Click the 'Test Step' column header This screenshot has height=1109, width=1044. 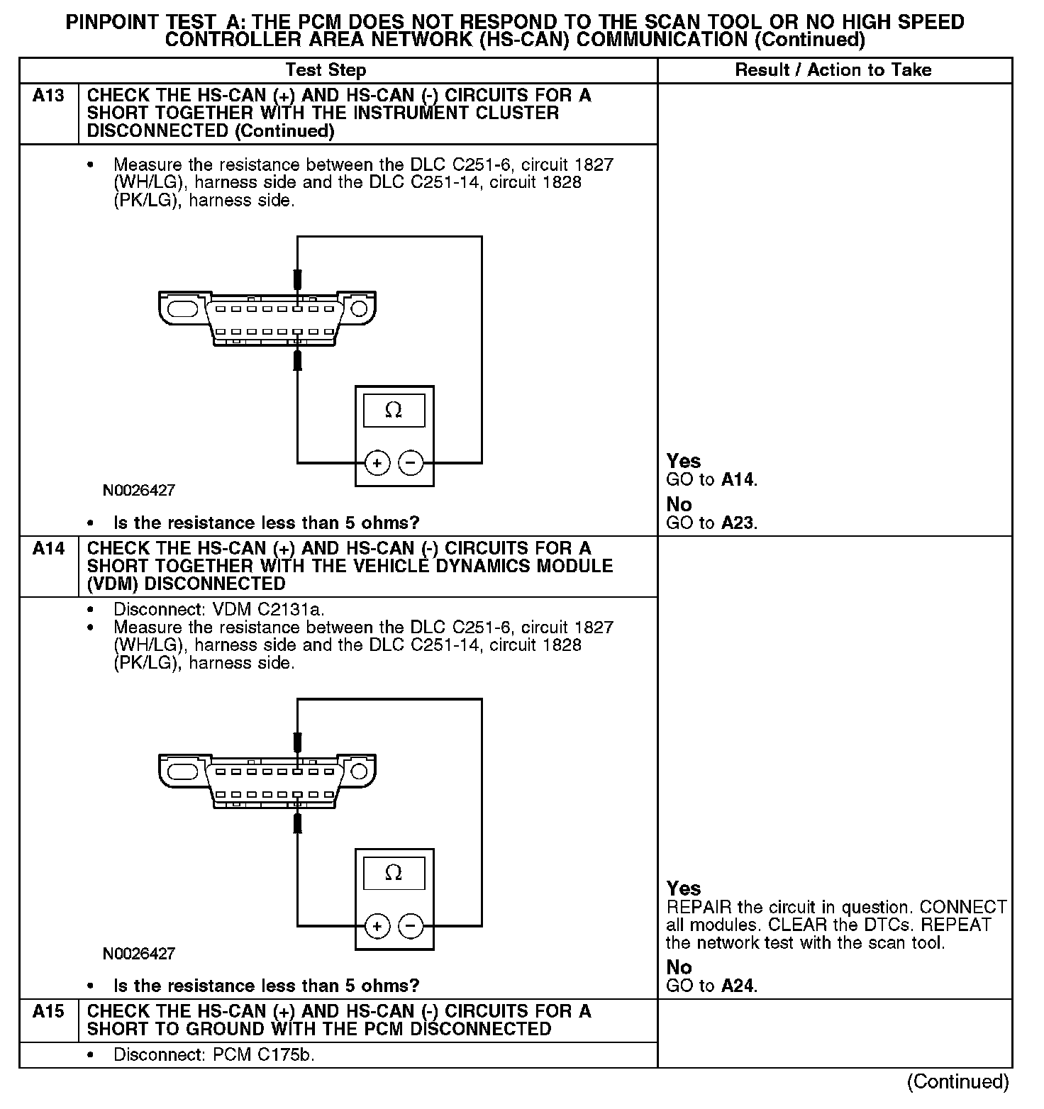pyautogui.click(x=326, y=70)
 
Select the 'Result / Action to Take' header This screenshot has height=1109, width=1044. pyautogui.click(x=833, y=70)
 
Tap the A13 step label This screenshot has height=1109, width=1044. pyautogui.click(x=48, y=96)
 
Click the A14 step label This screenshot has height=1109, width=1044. pyautogui.click(x=48, y=549)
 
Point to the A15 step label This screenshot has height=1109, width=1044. pyautogui.click(x=48, y=1012)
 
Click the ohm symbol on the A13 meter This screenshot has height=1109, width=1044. pyautogui.click(x=394, y=411)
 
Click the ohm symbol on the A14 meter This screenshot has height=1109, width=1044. pyautogui.click(x=394, y=873)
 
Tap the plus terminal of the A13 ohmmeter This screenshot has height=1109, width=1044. pyautogui.click(x=377, y=464)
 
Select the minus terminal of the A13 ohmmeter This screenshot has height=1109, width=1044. pyautogui.click(x=411, y=464)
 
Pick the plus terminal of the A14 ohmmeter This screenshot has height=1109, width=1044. pyautogui.click(x=377, y=926)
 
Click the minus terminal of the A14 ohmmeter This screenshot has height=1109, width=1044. pyautogui.click(x=411, y=926)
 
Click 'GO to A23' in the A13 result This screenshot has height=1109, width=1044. pyautogui.click(x=711, y=523)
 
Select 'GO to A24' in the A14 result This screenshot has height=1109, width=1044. pyautogui.click(x=711, y=986)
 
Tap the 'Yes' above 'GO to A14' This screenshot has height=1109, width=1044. pyautogui.click(x=683, y=462)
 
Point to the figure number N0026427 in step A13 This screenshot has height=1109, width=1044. pyautogui.click(x=139, y=491)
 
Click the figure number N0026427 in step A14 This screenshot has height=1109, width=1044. pyautogui.click(x=139, y=954)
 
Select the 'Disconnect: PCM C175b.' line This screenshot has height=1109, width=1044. pyautogui.click(x=213, y=1055)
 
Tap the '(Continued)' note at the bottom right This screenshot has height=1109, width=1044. pyautogui.click(x=957, y=1081)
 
